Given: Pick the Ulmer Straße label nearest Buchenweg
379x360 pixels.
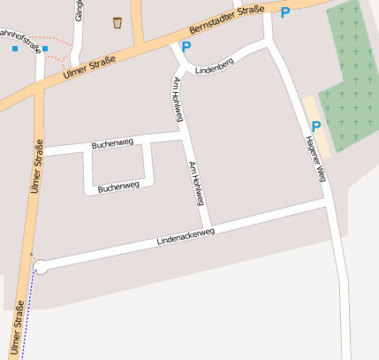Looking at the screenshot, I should (37, 166).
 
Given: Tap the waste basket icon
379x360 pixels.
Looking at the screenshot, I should (117, 22).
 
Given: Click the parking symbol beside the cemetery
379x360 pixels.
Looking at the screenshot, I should (316, 127).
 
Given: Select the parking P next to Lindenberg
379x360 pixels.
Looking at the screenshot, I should (186, 47).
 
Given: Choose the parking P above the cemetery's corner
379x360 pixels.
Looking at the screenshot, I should (284, 12).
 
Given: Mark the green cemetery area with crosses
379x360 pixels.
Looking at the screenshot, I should (352, 71).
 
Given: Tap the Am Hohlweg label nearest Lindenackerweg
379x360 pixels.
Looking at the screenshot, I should (196, 183).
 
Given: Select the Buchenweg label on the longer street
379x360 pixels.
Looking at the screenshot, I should (112, 142).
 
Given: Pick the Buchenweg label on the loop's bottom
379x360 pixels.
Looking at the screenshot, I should (118, 187).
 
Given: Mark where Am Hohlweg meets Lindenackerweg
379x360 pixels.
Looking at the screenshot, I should (208, 226).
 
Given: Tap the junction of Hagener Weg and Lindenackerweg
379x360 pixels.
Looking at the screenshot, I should (329, 204).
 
